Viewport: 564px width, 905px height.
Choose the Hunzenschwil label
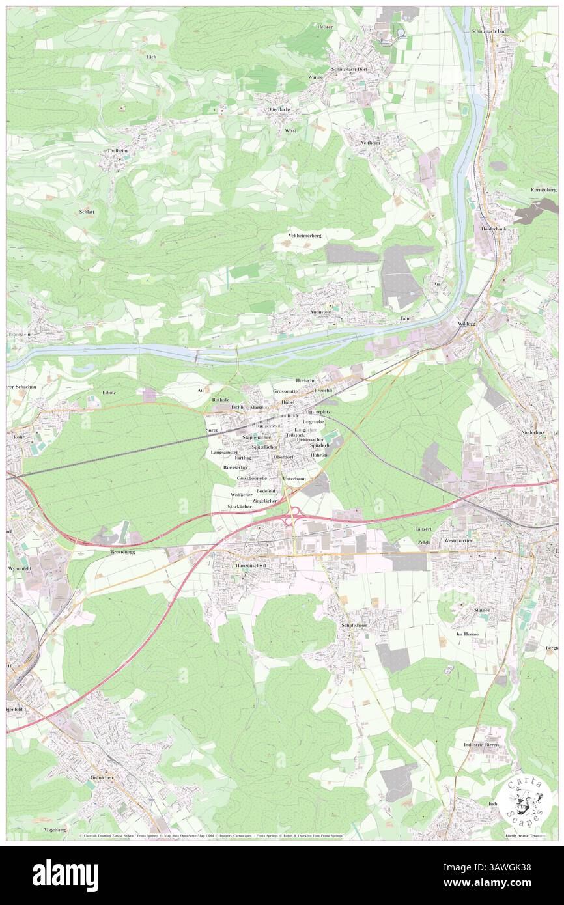point(255,566)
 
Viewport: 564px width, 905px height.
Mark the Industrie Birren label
point(481,744)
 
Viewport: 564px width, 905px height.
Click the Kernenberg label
point(544,189)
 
